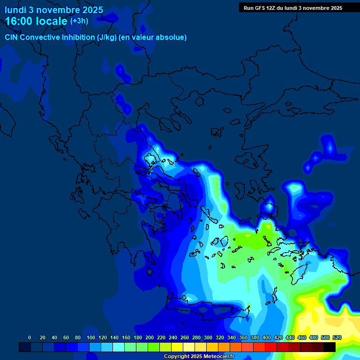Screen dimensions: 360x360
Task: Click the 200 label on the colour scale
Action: pyautogui.click(x=150, y=337)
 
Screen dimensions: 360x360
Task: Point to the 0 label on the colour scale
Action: pyautogui.click(x=30, y=337)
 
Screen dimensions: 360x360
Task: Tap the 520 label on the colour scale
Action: pyautogui.click(x=337, y=337)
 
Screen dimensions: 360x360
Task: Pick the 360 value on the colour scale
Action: pyautogui.click(x=243, y=337)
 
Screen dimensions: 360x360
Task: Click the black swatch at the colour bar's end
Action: pyautogui.click(x=330, y=347)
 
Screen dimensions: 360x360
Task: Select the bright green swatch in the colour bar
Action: pyautogui.click(x=154, y=347)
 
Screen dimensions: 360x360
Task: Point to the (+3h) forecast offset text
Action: pyautogui.click(x=79, y=21)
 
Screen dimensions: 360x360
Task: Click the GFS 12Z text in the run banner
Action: pyautogui.click(x=267, y=8)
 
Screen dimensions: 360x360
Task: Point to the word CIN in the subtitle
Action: pyautogui.click(x=12, y=37)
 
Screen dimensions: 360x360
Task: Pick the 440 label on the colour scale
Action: pyautogui.click(x=290, y=337)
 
